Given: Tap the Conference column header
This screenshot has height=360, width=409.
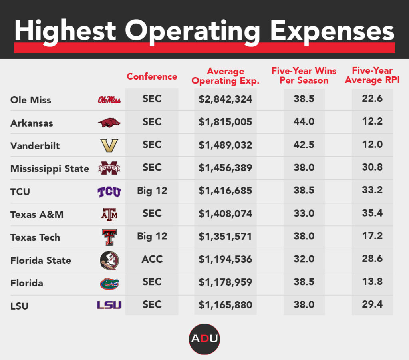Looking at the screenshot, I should (152, 76).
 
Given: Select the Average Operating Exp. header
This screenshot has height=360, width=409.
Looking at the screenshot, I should (225, 76).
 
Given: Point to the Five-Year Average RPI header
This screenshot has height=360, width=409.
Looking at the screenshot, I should (372, 76).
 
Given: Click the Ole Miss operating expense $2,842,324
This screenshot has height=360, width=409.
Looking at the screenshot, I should (225, 99).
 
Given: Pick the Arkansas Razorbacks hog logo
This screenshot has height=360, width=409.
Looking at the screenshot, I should (109, 123).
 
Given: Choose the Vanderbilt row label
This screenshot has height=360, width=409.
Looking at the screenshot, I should (35, 146).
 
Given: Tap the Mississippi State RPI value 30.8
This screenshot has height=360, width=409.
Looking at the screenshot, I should (372, 167).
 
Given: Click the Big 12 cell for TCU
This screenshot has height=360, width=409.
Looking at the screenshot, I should (152, 191).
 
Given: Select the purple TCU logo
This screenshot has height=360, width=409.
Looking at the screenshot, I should (109, 192).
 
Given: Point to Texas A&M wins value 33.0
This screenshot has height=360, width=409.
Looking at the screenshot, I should (304, 213).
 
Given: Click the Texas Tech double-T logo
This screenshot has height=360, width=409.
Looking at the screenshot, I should (109, 237).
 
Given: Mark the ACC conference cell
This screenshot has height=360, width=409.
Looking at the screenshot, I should (152, 259).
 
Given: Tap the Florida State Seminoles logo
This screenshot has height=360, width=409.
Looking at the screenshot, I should (109, 261).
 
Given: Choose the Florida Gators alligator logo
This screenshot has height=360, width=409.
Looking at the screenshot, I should (109, 284).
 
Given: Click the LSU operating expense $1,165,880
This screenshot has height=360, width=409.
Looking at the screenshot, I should (225, 305).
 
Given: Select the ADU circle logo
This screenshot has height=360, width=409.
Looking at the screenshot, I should (204, 339).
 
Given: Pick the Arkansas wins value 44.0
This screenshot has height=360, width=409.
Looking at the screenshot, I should (304, 122).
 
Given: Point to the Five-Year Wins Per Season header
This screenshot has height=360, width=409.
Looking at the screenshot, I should (304, 76).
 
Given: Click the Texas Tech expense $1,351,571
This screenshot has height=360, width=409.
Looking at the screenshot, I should (225, 237).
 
